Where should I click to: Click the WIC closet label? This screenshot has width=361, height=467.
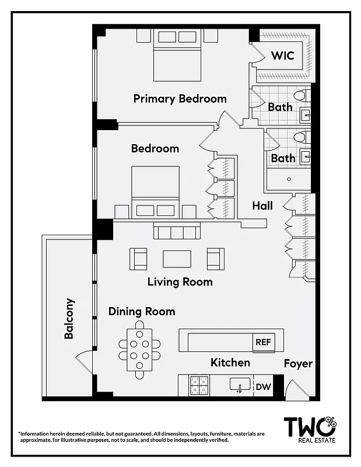282,56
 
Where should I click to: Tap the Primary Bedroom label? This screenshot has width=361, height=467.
180,98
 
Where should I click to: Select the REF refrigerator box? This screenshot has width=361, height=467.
262,342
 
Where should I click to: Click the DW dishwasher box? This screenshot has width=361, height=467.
263,386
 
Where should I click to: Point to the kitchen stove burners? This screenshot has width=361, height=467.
198,385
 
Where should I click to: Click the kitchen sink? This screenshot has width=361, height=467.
239,385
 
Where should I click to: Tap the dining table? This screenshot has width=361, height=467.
140,350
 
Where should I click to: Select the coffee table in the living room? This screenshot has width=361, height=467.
177,259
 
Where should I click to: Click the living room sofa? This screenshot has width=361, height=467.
177,232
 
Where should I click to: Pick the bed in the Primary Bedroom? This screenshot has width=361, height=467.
178,57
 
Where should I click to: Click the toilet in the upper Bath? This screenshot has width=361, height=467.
300,95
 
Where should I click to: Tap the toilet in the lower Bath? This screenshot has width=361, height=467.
300,137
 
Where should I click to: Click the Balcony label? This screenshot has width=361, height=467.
69,319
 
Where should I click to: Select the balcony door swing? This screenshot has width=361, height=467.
85,362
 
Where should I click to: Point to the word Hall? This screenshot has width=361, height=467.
262,205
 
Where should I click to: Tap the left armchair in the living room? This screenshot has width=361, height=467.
138,259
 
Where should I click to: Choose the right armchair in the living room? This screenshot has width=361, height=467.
215,259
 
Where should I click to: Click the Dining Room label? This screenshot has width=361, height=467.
142,311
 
